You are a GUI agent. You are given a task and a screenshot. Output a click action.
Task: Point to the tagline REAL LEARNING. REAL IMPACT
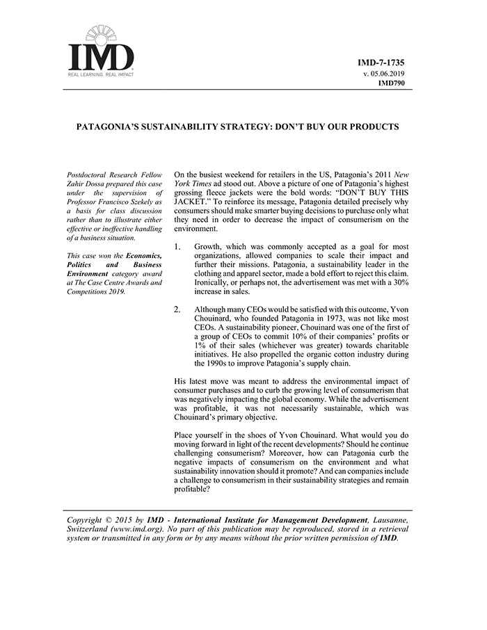[100, 74]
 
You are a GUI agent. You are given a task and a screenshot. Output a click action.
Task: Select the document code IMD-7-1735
[381, 63]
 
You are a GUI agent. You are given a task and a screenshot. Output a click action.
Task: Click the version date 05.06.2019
[387, 73]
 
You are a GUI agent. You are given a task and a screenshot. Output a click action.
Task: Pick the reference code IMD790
[391, 83]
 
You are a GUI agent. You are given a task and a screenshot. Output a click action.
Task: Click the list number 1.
[177, 247]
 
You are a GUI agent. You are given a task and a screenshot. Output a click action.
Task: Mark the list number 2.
[177, 309]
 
